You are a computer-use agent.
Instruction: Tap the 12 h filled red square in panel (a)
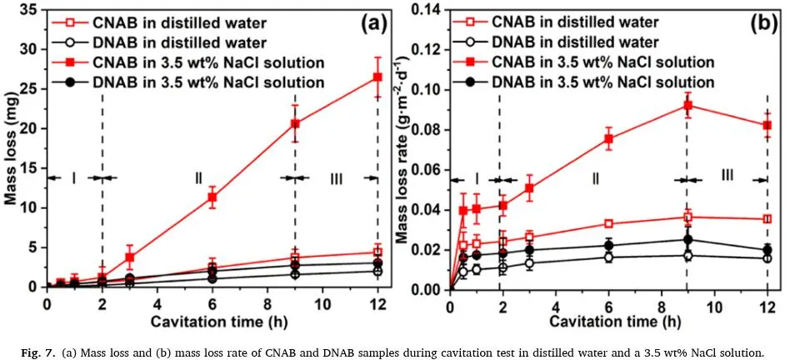point(377,77)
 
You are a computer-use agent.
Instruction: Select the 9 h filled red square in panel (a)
point(295,123)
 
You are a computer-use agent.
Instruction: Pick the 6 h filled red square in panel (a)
point(212,197)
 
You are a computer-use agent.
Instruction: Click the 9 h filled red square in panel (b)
point(687,106)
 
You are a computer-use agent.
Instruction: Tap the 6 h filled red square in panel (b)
point(608,139)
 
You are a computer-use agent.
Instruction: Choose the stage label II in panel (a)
point(199,177)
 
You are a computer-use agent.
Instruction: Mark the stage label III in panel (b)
point(727,174)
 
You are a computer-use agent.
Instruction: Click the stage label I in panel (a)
point(73,177)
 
